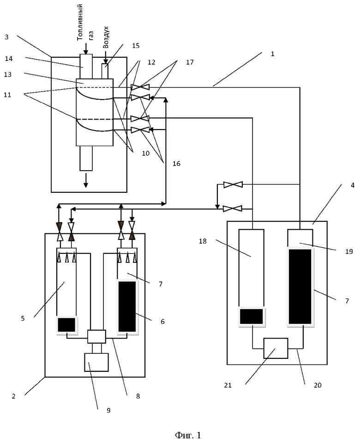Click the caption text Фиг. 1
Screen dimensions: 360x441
click(x=188, y=435)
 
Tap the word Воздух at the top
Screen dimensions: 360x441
click(x=106, y=38)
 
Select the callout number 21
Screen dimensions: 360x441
click(x=228, y=385)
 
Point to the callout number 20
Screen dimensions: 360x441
click(x=318, y=385)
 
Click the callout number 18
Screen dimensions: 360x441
click(x=203, y=241)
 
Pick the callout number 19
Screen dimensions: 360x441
click(x=349, y=251)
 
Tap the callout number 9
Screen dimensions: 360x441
click(x=108, y=411)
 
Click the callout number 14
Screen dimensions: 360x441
click(x=9, y=59)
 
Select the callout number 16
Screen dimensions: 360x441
click(x=176, y=163)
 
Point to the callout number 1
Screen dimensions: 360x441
click(x=272, y=54)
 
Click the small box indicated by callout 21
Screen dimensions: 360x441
click(x=276, y=348)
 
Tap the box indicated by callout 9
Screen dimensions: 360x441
click(x=96, y=362)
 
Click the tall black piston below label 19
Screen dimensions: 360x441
click(x=300, y=286)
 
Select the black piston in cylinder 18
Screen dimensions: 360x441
click(x=252, y=316)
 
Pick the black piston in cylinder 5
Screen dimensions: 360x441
click(x=66, y=325)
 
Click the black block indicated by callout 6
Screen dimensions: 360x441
click(x=127, y=306)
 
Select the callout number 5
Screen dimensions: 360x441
click(x=23, y=318)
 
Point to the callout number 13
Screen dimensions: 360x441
click(x=7, y=74)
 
